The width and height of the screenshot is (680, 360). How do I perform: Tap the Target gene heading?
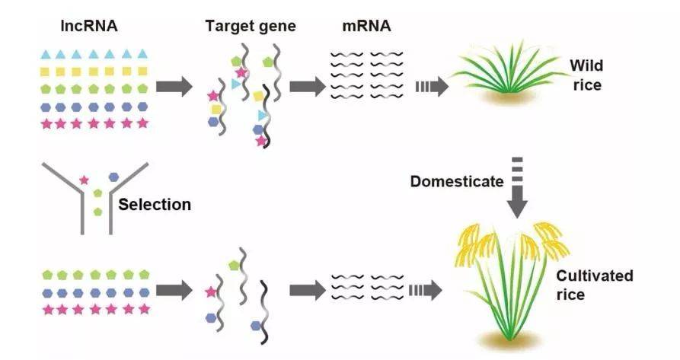pyautogui.click(x=251, y=27)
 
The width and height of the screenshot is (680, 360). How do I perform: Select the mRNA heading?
pyautogui.click(x=366, y=26)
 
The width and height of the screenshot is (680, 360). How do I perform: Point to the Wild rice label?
pyautogui.click(x=586, y=75)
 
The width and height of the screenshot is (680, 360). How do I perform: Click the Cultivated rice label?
pyautogui.click(x=594, y=285)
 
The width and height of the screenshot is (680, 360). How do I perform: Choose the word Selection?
pyautogui.click(x=155, y=205)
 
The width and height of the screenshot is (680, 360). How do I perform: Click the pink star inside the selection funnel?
pyautogui.click(x=85, y=180)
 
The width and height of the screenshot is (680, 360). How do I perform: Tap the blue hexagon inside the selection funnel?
pyautogui.click(x=113, y=176)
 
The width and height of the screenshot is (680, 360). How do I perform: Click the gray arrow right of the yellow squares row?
pyautogui.click(x=174, y=85)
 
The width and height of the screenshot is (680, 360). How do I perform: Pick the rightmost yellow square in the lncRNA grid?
pyautogui.click(x=142, y=72)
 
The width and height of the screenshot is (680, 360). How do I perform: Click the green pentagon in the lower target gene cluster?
pyautogui.click(x=233, y=266)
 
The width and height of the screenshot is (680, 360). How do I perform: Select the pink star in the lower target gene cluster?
pyautogui.click(x=210, y=292)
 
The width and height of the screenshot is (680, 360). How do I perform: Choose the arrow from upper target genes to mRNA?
pyautogui.click(x=307, y=85)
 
